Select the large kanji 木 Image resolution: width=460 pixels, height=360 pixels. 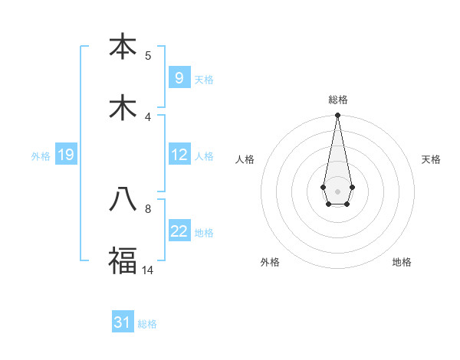(x=123, y=107)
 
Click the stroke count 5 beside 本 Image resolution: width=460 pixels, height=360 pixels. (x=148, y=55)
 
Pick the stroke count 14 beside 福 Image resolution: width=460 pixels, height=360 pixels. (x=147, y=270)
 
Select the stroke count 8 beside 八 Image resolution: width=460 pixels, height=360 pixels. (x=148, y=208)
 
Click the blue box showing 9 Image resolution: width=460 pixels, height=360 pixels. (x=179, y=77)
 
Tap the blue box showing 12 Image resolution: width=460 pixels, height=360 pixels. (x=179, y=155)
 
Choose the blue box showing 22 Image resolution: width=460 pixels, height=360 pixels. (x=179, y=231)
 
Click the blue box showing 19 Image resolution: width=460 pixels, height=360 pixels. (x=65, y=155)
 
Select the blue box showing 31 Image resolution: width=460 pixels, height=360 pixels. (x=123, y=322)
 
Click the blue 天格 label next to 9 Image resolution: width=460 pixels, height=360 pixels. (x=204, y=79)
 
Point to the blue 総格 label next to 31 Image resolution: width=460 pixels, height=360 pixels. (x=147, y=324)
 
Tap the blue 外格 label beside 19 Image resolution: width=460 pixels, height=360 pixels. (x=41, y=156)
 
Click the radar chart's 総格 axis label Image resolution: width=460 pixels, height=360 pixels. (x=337, y=100)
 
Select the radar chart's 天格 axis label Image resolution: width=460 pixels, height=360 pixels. (x=431, y=159)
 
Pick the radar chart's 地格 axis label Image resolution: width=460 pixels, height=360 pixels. (x=402, y=262)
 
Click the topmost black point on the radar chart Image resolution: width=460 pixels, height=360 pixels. (x=337, y=116)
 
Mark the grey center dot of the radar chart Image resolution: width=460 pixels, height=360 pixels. (x=337, y=190)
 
